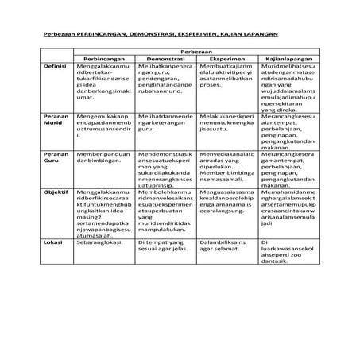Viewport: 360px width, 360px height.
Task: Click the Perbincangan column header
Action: tap(104, 59)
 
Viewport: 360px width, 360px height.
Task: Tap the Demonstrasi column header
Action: tap(165, 59)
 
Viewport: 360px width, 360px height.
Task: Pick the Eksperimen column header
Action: tap(227, 59)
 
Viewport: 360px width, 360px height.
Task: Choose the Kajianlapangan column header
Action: tap(290, 59)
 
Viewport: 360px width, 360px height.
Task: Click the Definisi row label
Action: tap(53, 67)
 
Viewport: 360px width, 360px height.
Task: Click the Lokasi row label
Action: tap(52, 239)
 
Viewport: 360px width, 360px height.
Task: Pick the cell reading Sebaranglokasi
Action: tap(103, 239)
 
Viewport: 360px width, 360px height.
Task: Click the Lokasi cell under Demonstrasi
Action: tap(165, 243)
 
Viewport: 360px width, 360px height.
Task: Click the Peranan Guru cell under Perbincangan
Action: tap(103, 157)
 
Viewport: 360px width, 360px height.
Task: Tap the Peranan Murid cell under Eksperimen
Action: tap(226, 122)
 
